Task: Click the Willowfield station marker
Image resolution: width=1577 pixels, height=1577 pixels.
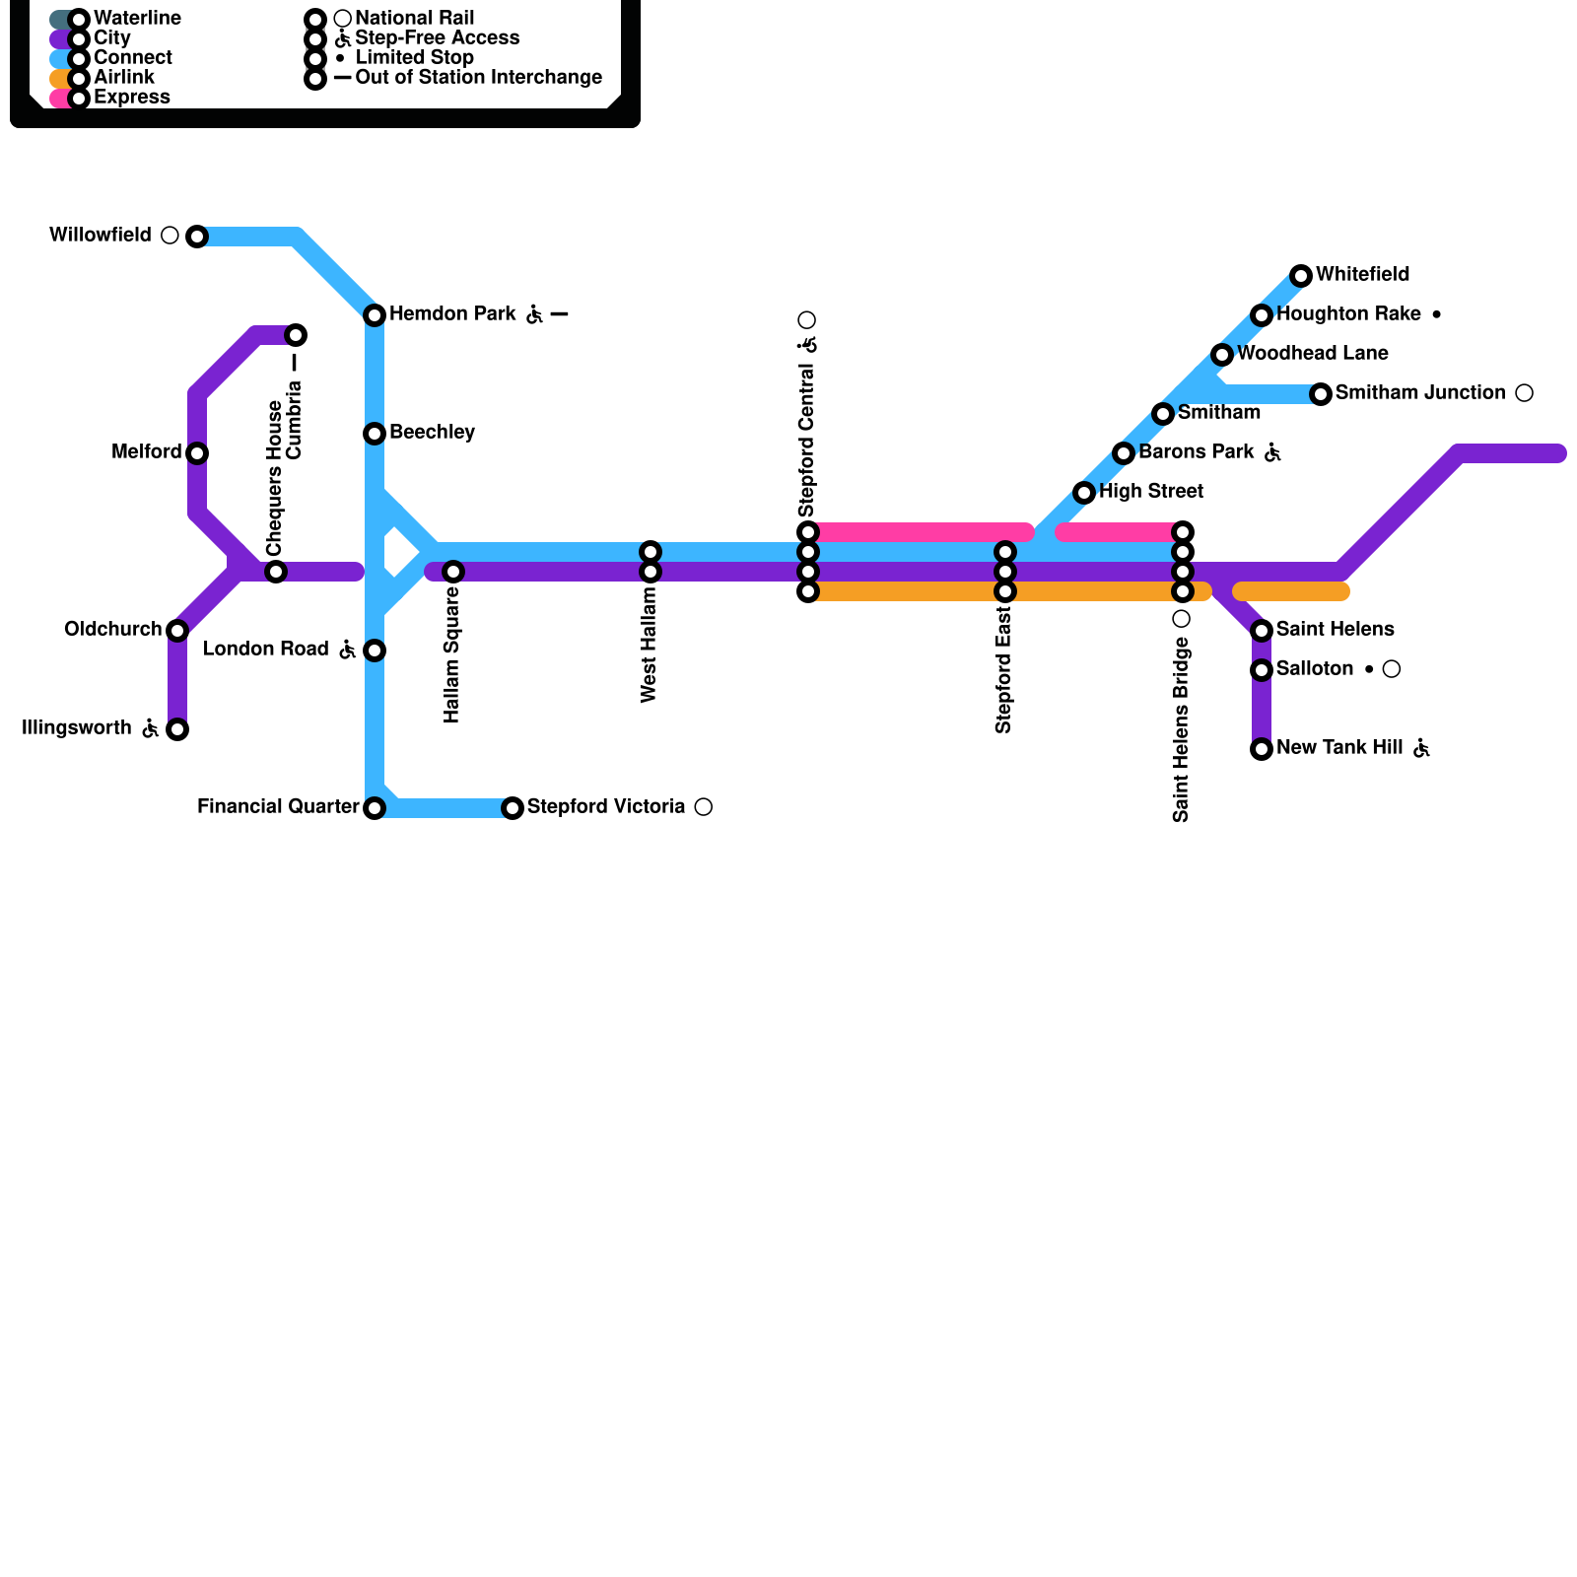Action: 197,237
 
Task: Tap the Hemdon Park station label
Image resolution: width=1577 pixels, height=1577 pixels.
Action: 452,314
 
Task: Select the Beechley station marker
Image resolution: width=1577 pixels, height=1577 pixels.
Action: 375,434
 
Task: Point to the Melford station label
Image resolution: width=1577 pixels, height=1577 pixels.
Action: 146,452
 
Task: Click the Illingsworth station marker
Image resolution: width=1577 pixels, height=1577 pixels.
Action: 177,729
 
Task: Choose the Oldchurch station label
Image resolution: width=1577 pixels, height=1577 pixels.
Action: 112,630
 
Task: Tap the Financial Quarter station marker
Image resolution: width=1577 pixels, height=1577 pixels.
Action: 375,808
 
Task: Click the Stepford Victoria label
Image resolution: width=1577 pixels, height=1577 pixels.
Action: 606,807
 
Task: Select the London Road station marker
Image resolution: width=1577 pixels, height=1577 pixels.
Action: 375,651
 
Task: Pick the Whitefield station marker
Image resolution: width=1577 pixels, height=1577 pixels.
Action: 1301,276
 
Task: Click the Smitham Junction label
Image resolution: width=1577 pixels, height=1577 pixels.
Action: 1420,393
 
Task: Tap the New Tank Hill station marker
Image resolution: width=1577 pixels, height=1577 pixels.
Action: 1262,749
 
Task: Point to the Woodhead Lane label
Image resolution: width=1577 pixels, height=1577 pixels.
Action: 1313,354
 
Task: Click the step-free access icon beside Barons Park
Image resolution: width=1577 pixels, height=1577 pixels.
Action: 1272,452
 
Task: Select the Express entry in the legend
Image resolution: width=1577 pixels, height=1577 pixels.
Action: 132,98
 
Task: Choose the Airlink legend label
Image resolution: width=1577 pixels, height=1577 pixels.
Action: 124,78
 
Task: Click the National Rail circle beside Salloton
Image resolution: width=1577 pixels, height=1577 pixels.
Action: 1392,669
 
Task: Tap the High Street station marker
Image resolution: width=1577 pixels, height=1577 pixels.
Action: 1084,493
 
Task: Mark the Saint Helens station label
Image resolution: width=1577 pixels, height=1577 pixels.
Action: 1336,630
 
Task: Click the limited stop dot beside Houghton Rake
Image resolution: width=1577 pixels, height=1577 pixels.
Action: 1437,314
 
